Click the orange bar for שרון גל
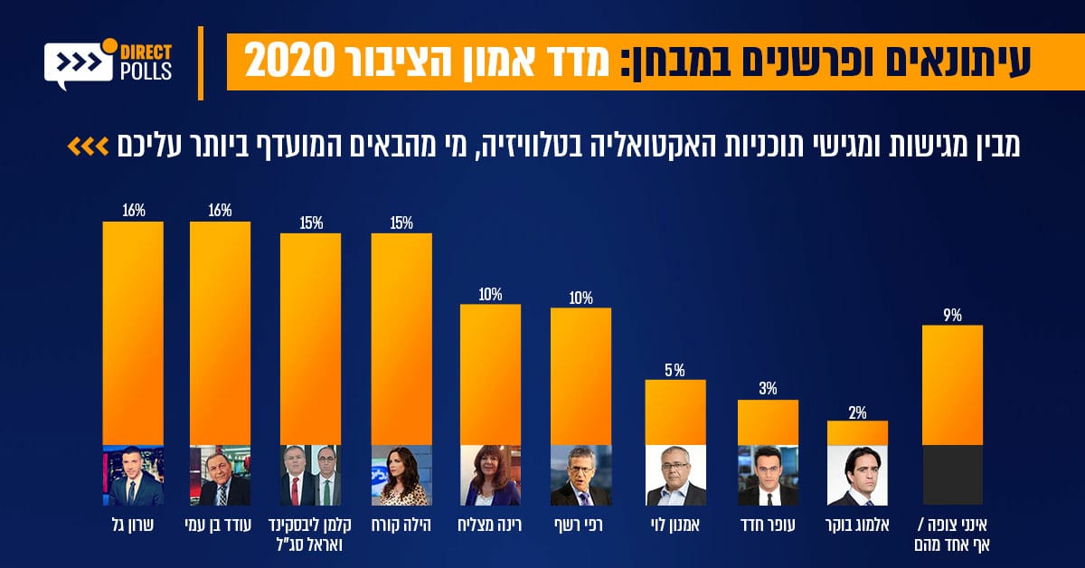click(x=133, y=332)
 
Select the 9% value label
click(x=952, y=316)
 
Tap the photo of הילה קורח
click(x=401, y=475)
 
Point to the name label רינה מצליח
click(x=491, y=524)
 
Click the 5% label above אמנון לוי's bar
click(x=675, y=370)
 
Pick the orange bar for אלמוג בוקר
click(x=857, y=433)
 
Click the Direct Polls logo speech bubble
click(x=77, y=65)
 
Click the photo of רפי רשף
click(x=580, y=475)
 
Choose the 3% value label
click(x=768, y=390)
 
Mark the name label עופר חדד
click(x=767, y=524)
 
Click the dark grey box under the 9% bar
click(x=952, y=475)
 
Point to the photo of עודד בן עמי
click(x=220, y=475)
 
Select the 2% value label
click(x=857, y=412)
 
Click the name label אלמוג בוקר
click(x=857, y=524)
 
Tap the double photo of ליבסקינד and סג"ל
click(x=310, y=475)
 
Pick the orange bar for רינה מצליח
click(x=491, y=374)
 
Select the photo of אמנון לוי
click(x=675, y=475)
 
